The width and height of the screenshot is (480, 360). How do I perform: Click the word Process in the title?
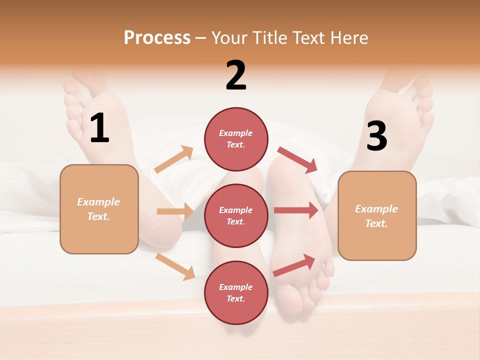[157, 38]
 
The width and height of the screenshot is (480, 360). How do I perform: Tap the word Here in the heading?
[347, 38]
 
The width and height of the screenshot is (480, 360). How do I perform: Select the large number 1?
[99, 128]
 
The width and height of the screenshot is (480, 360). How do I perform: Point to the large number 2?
[236, 75]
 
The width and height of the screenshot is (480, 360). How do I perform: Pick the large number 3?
[376, 136]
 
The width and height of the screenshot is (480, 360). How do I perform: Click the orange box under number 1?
[99, 209]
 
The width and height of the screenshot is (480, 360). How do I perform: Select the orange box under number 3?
[377, 215]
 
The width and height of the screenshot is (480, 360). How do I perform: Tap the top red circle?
[236, 139]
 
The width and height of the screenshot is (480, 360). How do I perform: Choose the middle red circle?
[236, 215]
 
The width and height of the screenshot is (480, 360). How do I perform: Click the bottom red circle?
[236, 292]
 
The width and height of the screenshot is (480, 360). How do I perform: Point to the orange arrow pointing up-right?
[174, 159]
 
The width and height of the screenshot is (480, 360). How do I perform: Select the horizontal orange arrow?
[175, 211]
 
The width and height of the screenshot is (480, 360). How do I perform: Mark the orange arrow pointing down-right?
[175, 266]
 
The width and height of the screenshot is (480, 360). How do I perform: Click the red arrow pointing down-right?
[297, 160]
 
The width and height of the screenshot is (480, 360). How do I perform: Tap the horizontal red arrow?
[296, 210]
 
